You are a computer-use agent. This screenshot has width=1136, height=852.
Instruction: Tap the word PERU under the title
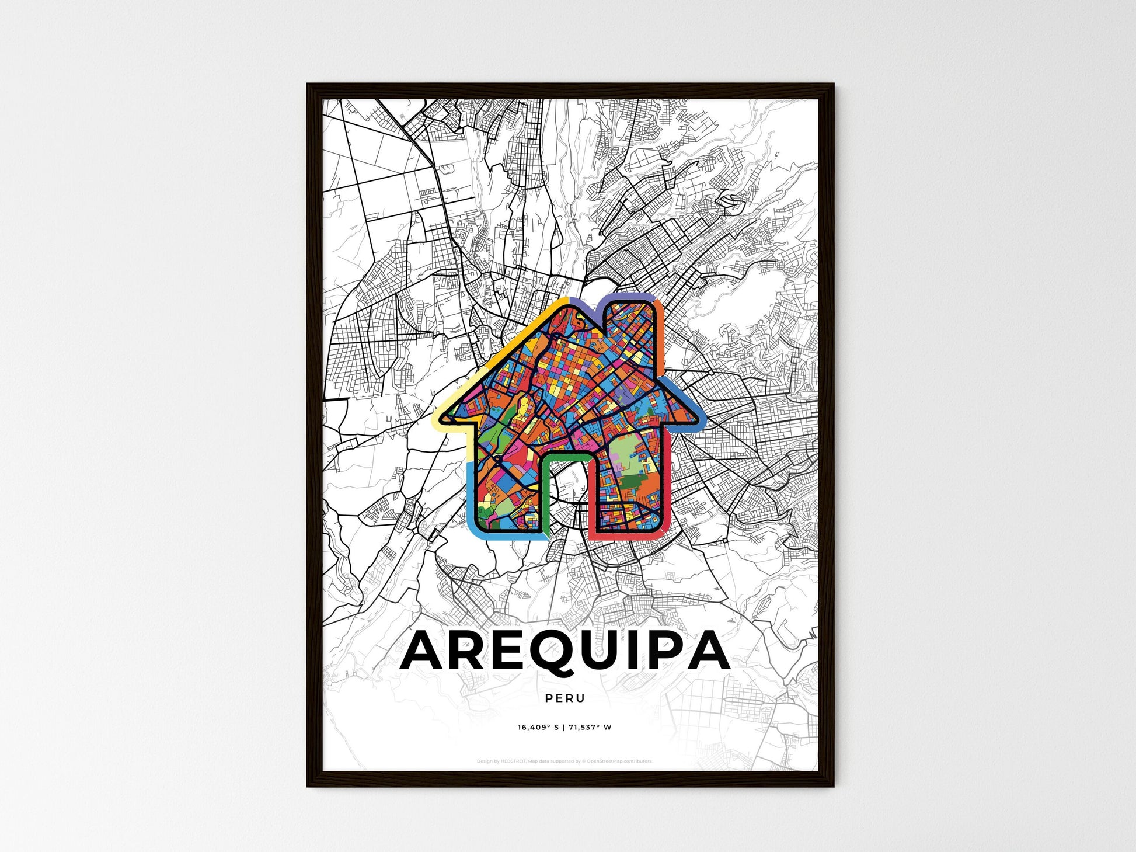coord(564,698)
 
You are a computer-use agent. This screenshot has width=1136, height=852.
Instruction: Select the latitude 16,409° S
coord(538,727)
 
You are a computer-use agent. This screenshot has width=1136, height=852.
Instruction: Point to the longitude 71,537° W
coord(590,727)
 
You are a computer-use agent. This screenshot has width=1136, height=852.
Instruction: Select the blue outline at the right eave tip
coord(695,409)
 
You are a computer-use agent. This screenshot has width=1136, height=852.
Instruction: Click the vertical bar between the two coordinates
coord(564,727)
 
